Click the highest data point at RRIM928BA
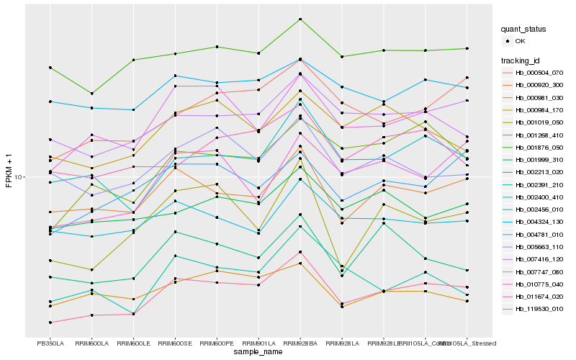[x=300, y=19]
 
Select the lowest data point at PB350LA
[x=50, y=323]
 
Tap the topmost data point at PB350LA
[x=50, y=68]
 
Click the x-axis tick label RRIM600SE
[x=175, y=343]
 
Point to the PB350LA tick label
[x=50, y=343]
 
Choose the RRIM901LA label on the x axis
[x=258, y=343]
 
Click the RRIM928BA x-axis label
[x=300, y=343]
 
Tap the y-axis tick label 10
[x=18, y=177]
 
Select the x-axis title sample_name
[x=258, y=352]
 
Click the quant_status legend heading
[x=524, y=30]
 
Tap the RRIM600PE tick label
[x=217, y=343]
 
